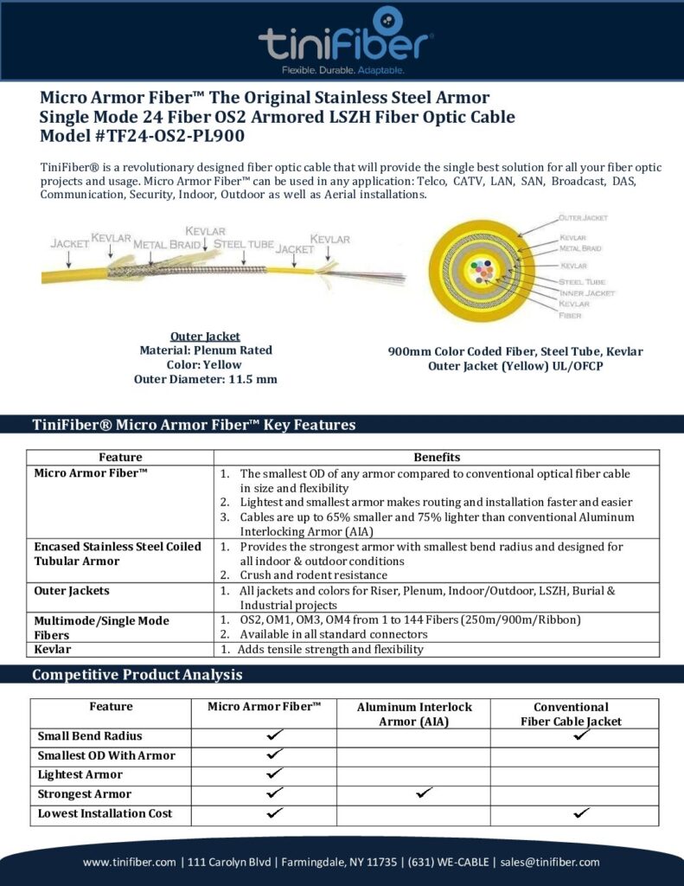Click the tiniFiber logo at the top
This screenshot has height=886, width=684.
tap(345, 38)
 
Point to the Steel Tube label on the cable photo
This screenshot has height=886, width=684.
tap(243, 244)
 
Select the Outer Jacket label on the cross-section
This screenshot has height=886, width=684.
tap(583, 217)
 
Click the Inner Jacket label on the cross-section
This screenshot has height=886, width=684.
tap(587, 293)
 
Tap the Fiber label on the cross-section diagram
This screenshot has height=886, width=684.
tap(570, 315)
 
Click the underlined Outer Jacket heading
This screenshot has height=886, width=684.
tap(205, 336)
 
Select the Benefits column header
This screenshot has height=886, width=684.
tap(437, 457)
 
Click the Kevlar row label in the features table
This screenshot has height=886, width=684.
tap(53, 649)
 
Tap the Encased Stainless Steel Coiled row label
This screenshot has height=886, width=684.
tap(118, 547)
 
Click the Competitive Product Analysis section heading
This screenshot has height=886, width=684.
tap(137, 675)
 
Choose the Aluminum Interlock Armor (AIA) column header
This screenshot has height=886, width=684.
tap(414, 714)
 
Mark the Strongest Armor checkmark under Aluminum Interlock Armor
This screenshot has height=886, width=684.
tap(424, 793)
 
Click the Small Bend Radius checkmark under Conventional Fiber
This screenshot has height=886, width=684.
tap(582, 735)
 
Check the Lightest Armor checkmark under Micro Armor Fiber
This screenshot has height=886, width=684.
tap(275, 773)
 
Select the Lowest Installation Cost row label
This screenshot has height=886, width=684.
tap(105, 813)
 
